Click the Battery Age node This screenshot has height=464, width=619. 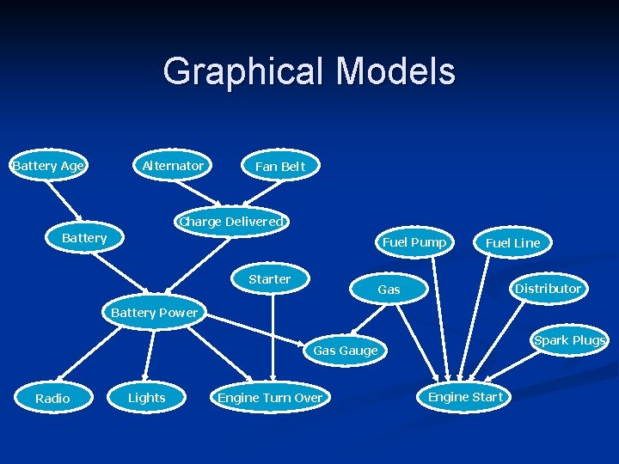tap(48, 166)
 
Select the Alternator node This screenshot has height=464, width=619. tap(173, 165)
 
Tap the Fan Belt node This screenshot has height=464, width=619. tap(280, 167)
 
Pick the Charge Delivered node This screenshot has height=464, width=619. tap(230, 222)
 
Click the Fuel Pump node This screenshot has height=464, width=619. tap(414, 242)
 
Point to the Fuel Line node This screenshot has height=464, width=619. tap(513, 243)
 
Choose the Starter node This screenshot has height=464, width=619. tap(270, 279)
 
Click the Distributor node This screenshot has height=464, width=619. tap(548, 289)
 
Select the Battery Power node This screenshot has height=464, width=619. tap(154, 313)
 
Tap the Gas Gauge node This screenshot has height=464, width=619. tap(345, 351)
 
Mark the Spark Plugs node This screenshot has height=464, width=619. tap(569, 340)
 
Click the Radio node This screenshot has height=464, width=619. tap(52, 398)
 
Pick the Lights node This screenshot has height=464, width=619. tap(146, 398)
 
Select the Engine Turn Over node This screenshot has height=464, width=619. tap(270, 398)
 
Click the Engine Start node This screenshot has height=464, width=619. tap(465, 397)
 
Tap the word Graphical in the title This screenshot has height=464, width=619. tap(237, 72)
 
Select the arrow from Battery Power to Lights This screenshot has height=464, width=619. tap(150, 354)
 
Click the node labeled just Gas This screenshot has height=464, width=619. tap(389, 290)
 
